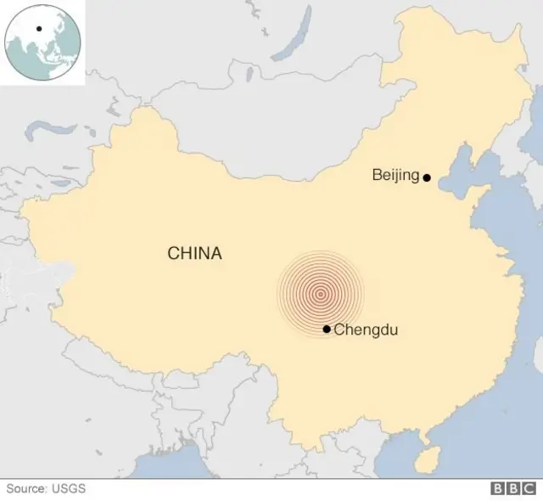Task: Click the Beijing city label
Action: point(395,176)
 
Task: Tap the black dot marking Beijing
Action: point(427,178)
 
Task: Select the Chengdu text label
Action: point(365,329)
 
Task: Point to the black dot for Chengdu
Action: point(327,329)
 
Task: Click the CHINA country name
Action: point(194,253)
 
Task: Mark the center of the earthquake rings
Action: point(320,295)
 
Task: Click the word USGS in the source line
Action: point(70,488)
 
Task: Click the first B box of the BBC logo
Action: point(497,488)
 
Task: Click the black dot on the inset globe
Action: point(39,28)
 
